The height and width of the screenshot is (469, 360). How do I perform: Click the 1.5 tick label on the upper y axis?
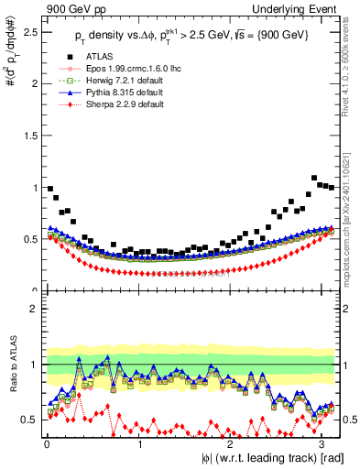[29, 136]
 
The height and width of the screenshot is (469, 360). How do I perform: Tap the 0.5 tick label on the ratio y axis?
[29, 420]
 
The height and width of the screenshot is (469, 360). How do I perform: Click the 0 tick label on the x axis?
[47, 442]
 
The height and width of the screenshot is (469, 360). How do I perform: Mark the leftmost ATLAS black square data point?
[49, 188]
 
